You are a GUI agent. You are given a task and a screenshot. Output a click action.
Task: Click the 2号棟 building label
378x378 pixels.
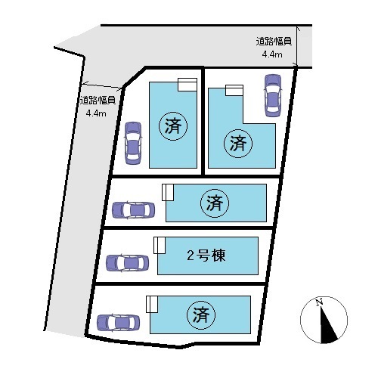pyautogui.click(x=206, y=256)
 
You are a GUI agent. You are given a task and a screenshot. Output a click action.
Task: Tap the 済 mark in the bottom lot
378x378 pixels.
pyautogui.click(x=201, y=315)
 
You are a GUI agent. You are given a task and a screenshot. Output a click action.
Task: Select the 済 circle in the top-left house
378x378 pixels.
pyautogui.click(x=173, y=126)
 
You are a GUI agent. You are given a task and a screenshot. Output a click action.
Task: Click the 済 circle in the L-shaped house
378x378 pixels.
pyautogui.click(x=238, y=144)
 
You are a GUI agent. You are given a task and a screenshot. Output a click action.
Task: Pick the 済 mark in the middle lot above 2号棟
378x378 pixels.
pyautogui.click(x=215, y=203)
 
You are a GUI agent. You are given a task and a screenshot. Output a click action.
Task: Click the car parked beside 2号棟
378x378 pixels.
pyautogui.click(x=127, y=263)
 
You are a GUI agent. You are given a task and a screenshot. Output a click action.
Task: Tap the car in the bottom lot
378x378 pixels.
pyautogui.click(x=119, y=323)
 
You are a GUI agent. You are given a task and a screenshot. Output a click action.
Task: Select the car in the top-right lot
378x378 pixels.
pyautogui.click(x=272, y=95)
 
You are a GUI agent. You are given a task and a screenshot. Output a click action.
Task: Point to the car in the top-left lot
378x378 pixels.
pyautogui.click(x=133, y=143)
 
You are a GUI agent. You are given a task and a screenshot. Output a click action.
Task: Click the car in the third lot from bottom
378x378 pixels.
pyautogui.click(x=133, y=210)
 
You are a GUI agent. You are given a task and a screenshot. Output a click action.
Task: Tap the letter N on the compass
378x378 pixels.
pyautogui.click(x=320, y=302)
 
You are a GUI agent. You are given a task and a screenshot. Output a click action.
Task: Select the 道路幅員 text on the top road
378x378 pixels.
pyautogui.click(x=274, y=42)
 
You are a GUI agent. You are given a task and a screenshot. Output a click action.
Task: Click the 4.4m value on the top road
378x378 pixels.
pyautogui.click(x=272, y=54)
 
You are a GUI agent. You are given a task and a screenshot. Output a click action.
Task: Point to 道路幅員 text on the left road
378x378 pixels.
pyautogui.click(x=98, y=101)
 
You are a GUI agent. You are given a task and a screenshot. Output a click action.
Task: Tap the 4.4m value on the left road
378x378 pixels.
pyautogui.click(x=96, y=113)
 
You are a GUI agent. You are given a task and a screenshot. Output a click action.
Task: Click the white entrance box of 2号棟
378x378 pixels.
pyautogui.click(x=160, y=245)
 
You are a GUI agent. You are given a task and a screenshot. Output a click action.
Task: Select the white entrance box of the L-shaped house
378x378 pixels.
pyautogui.click(x=234, y=90)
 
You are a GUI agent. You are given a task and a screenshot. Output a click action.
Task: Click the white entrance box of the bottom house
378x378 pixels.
pyautogui.click(x=152, y=304)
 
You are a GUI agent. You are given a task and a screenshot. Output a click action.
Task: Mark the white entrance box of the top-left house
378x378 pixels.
pyautogui.click(x=187, y=85)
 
